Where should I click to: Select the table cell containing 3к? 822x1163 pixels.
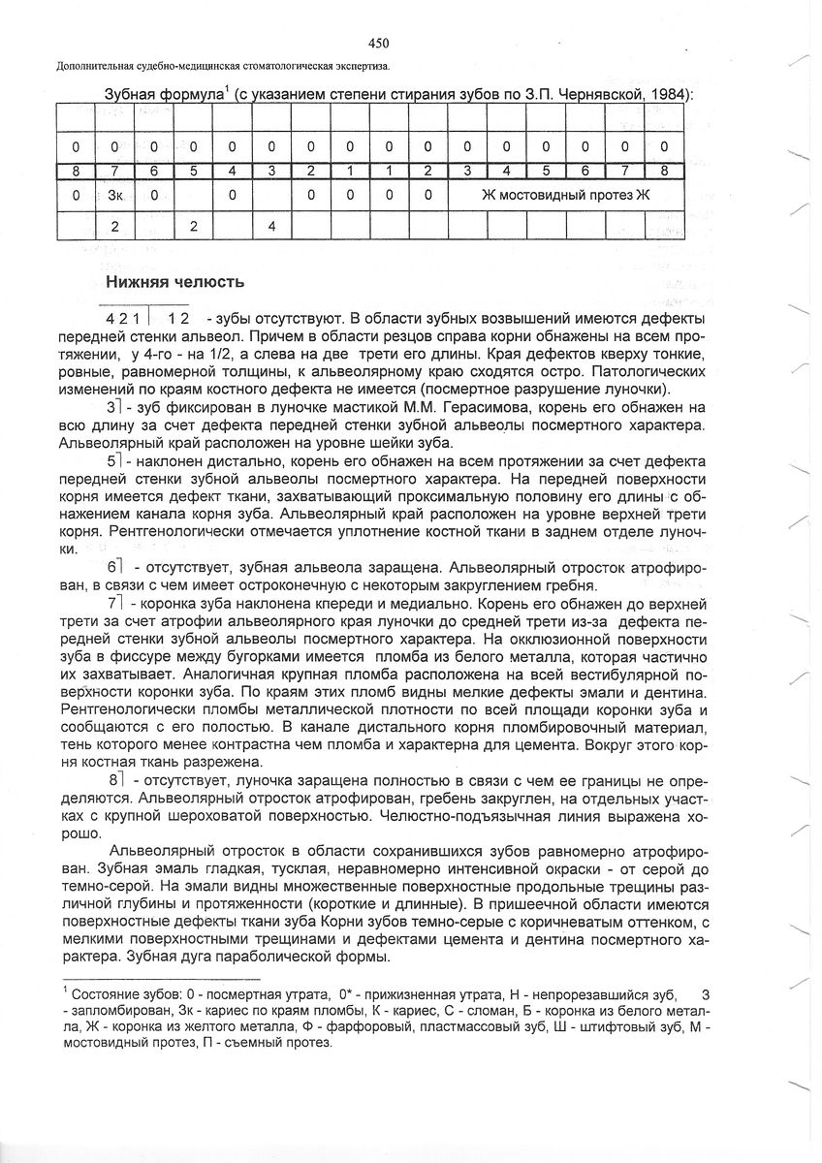pos(113,194)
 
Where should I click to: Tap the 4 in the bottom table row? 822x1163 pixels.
pos(271,227)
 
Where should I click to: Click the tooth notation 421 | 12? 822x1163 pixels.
pos(148,318)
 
